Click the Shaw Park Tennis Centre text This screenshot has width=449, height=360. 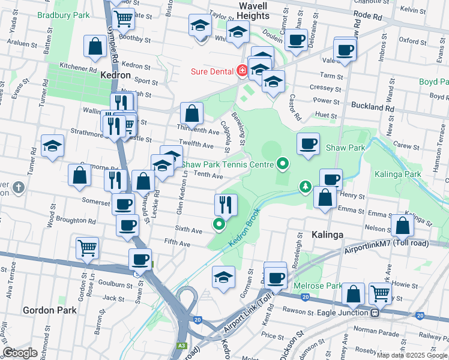coord(226,163)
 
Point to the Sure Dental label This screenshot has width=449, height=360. coord(212,71)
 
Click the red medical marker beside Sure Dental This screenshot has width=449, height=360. coord(242,71)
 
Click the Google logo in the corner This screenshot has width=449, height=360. coord(20,353)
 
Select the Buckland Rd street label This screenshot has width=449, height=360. coord(373,107)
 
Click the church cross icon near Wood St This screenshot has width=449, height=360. coord(19,188)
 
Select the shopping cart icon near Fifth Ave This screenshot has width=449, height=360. coord(87,247)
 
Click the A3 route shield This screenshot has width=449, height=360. coord(181,345)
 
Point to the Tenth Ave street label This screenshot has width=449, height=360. coord(208,176)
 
